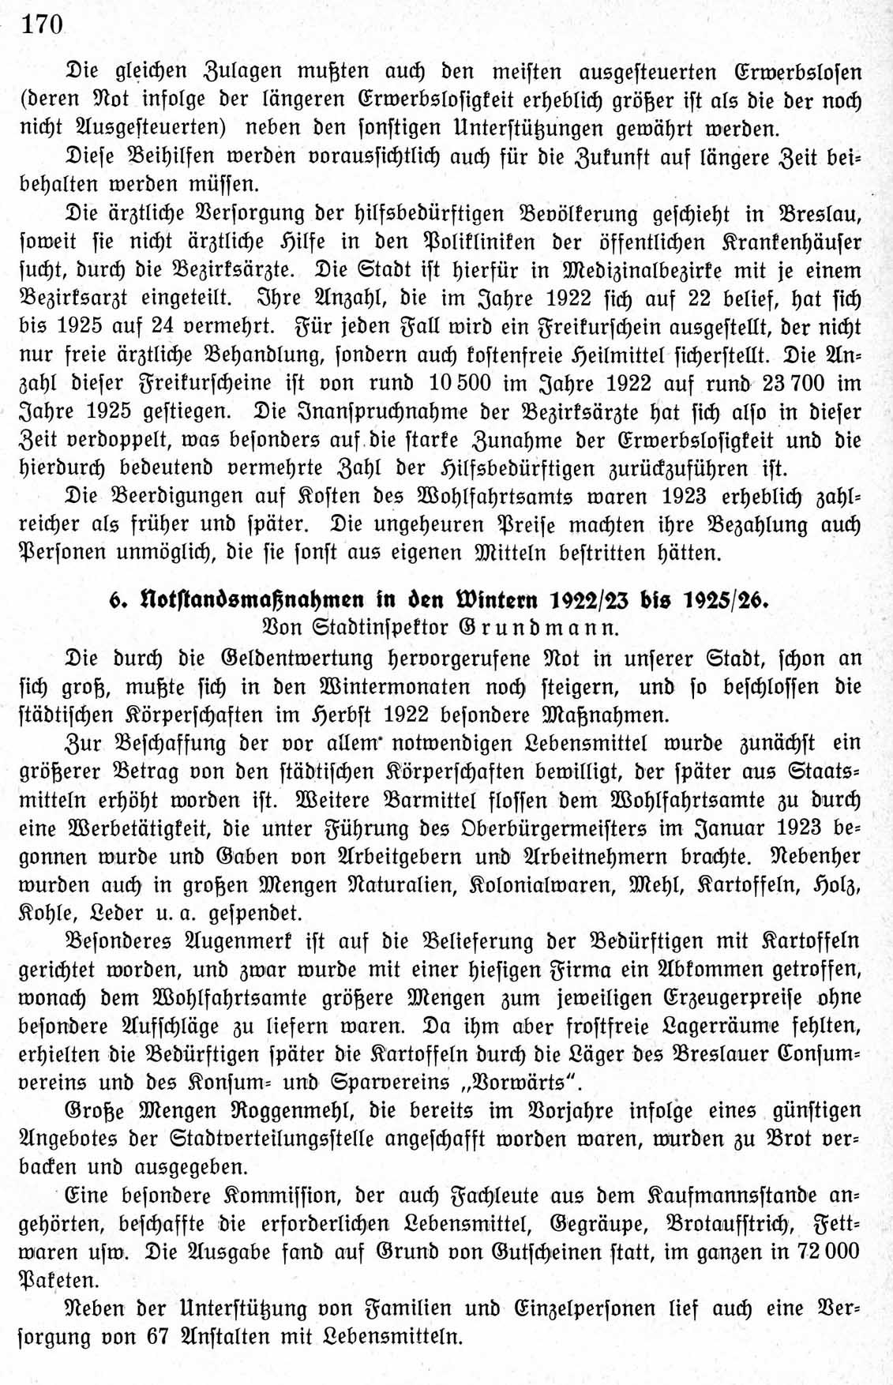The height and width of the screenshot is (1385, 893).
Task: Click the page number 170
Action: coord(42,24)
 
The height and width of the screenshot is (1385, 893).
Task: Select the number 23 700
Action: coord(794,384)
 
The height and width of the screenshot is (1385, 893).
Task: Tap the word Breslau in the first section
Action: coord(820,214)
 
